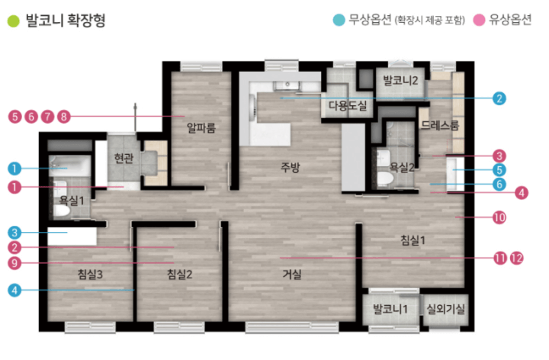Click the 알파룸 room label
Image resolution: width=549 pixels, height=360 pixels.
click(201, 128)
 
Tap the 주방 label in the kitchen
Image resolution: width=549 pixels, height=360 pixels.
click(291, 167)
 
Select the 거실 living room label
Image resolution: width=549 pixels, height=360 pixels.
click(292, 275)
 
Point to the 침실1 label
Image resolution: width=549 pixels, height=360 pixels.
click(413, 240)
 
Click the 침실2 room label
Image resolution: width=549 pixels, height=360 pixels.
click(180, 275)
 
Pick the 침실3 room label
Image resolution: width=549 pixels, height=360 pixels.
click(90, 275)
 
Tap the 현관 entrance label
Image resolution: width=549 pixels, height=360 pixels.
click(124, 159)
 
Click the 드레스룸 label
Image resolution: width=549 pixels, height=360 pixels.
click(440, 125)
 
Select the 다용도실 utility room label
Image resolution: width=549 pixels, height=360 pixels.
click(348, 105)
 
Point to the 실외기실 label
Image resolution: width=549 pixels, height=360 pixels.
click(446, 309)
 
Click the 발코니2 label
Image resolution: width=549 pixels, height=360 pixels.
click(400, 81)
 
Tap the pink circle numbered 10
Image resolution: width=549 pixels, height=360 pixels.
click(499, 217)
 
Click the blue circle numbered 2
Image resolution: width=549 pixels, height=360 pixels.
click(499, 98)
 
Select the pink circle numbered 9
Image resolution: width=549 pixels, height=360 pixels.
click(14, 263)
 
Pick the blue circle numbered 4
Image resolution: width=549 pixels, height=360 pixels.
click(14, 290)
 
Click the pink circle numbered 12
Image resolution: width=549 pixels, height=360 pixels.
click(516, 259)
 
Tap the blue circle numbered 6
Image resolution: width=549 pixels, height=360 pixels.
click(499, 185)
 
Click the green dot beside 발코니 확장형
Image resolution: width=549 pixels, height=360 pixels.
click(13, 21)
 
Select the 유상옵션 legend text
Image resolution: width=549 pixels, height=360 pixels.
click(510, 20)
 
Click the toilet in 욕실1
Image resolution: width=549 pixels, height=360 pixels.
click(62, 210)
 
